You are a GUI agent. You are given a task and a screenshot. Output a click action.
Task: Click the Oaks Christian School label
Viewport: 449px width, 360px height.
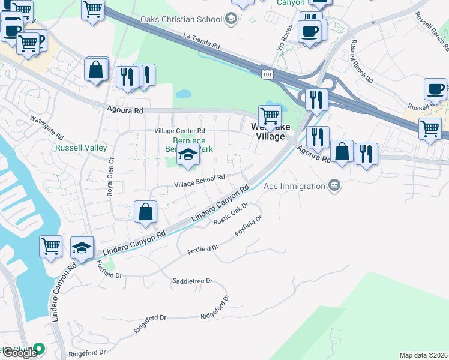(x=181, y=19)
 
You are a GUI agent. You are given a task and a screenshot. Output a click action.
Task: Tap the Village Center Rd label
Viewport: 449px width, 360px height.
(x=179, y=131)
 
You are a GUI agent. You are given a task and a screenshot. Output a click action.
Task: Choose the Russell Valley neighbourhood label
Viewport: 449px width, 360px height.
(x=81, y=148)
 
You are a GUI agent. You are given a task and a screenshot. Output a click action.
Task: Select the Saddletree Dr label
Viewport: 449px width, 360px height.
(x=193, y=281)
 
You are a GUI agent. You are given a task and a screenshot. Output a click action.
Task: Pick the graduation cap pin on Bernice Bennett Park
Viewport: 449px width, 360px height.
(x=188, y=155)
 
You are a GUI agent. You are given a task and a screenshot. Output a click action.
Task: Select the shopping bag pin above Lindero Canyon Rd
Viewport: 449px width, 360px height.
(x=145, y=212)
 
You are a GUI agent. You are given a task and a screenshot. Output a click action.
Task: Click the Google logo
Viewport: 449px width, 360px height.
(x=19, y=352)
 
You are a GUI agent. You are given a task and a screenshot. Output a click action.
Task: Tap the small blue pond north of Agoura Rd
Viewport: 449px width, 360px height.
(x=183, y=94)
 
